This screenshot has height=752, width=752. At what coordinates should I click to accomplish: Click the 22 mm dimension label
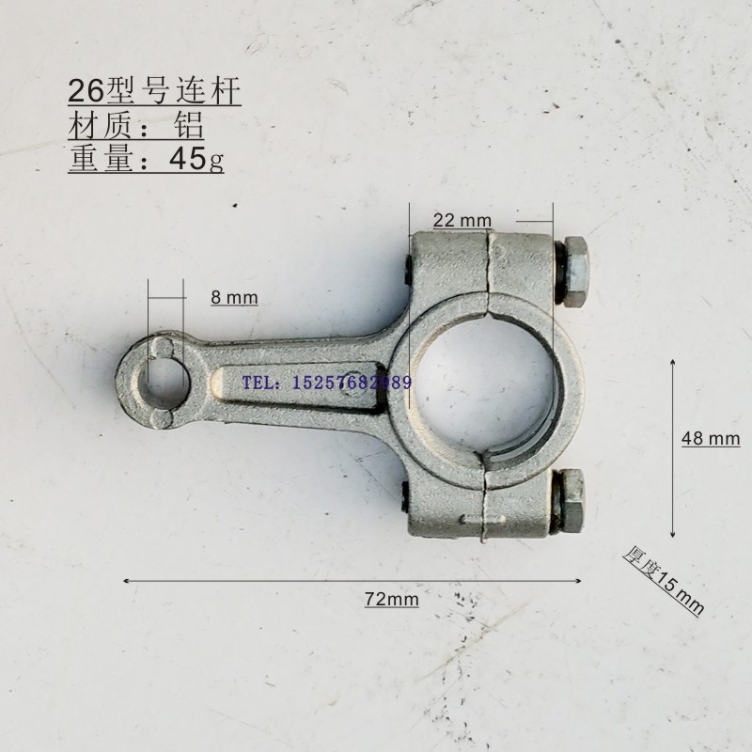[x=462, y=221]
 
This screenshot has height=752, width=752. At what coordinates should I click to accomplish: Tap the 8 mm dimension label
[x=234, y=298]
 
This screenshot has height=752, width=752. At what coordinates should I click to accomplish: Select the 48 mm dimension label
[x=711, y=438]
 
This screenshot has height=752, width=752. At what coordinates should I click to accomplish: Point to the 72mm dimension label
[x=391, y=599]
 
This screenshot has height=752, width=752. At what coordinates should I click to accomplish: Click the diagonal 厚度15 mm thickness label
[x=664, y=580]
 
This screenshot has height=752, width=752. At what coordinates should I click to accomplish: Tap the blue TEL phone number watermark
[x=326, y=383]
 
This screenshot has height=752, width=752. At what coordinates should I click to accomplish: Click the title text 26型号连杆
[x=154, y=90]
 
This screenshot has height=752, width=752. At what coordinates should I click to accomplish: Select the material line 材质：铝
[x=136, y=125]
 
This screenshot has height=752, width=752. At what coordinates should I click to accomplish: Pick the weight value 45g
[x=196, y=159]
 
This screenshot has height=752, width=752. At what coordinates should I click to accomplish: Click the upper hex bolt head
[x=575, y=272]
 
